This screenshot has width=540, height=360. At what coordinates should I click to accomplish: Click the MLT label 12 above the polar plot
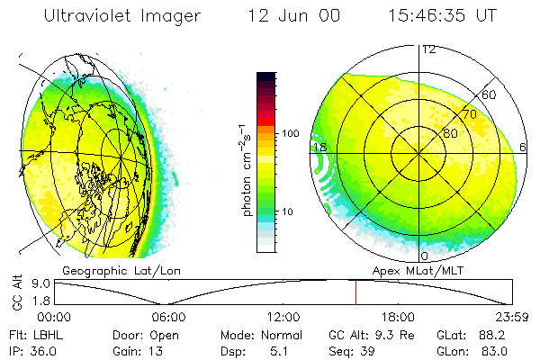coord(429,49)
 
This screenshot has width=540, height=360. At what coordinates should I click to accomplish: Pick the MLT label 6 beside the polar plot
coord(524,147)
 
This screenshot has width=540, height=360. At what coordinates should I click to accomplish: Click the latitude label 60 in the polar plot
coord(490,94)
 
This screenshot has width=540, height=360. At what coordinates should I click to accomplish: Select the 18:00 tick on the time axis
coord(398,317)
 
